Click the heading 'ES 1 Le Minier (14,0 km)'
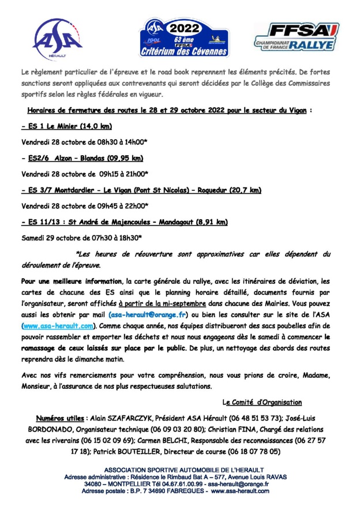pyautogui.click(x=66, y=126)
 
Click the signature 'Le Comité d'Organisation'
pyautogui.click(x=262, y=402)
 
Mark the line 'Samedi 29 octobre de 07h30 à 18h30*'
pyautogui.click(x=81, y=237)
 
